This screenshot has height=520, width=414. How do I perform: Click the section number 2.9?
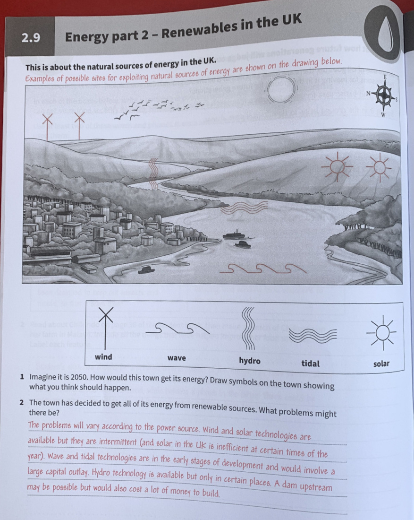[30, 38]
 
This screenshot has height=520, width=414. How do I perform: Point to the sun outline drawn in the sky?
[282, 91]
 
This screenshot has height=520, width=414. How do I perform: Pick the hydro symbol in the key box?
[249, 329]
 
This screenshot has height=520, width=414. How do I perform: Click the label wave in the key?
[177, 358]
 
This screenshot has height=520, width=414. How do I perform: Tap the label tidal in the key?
[310, 364]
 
